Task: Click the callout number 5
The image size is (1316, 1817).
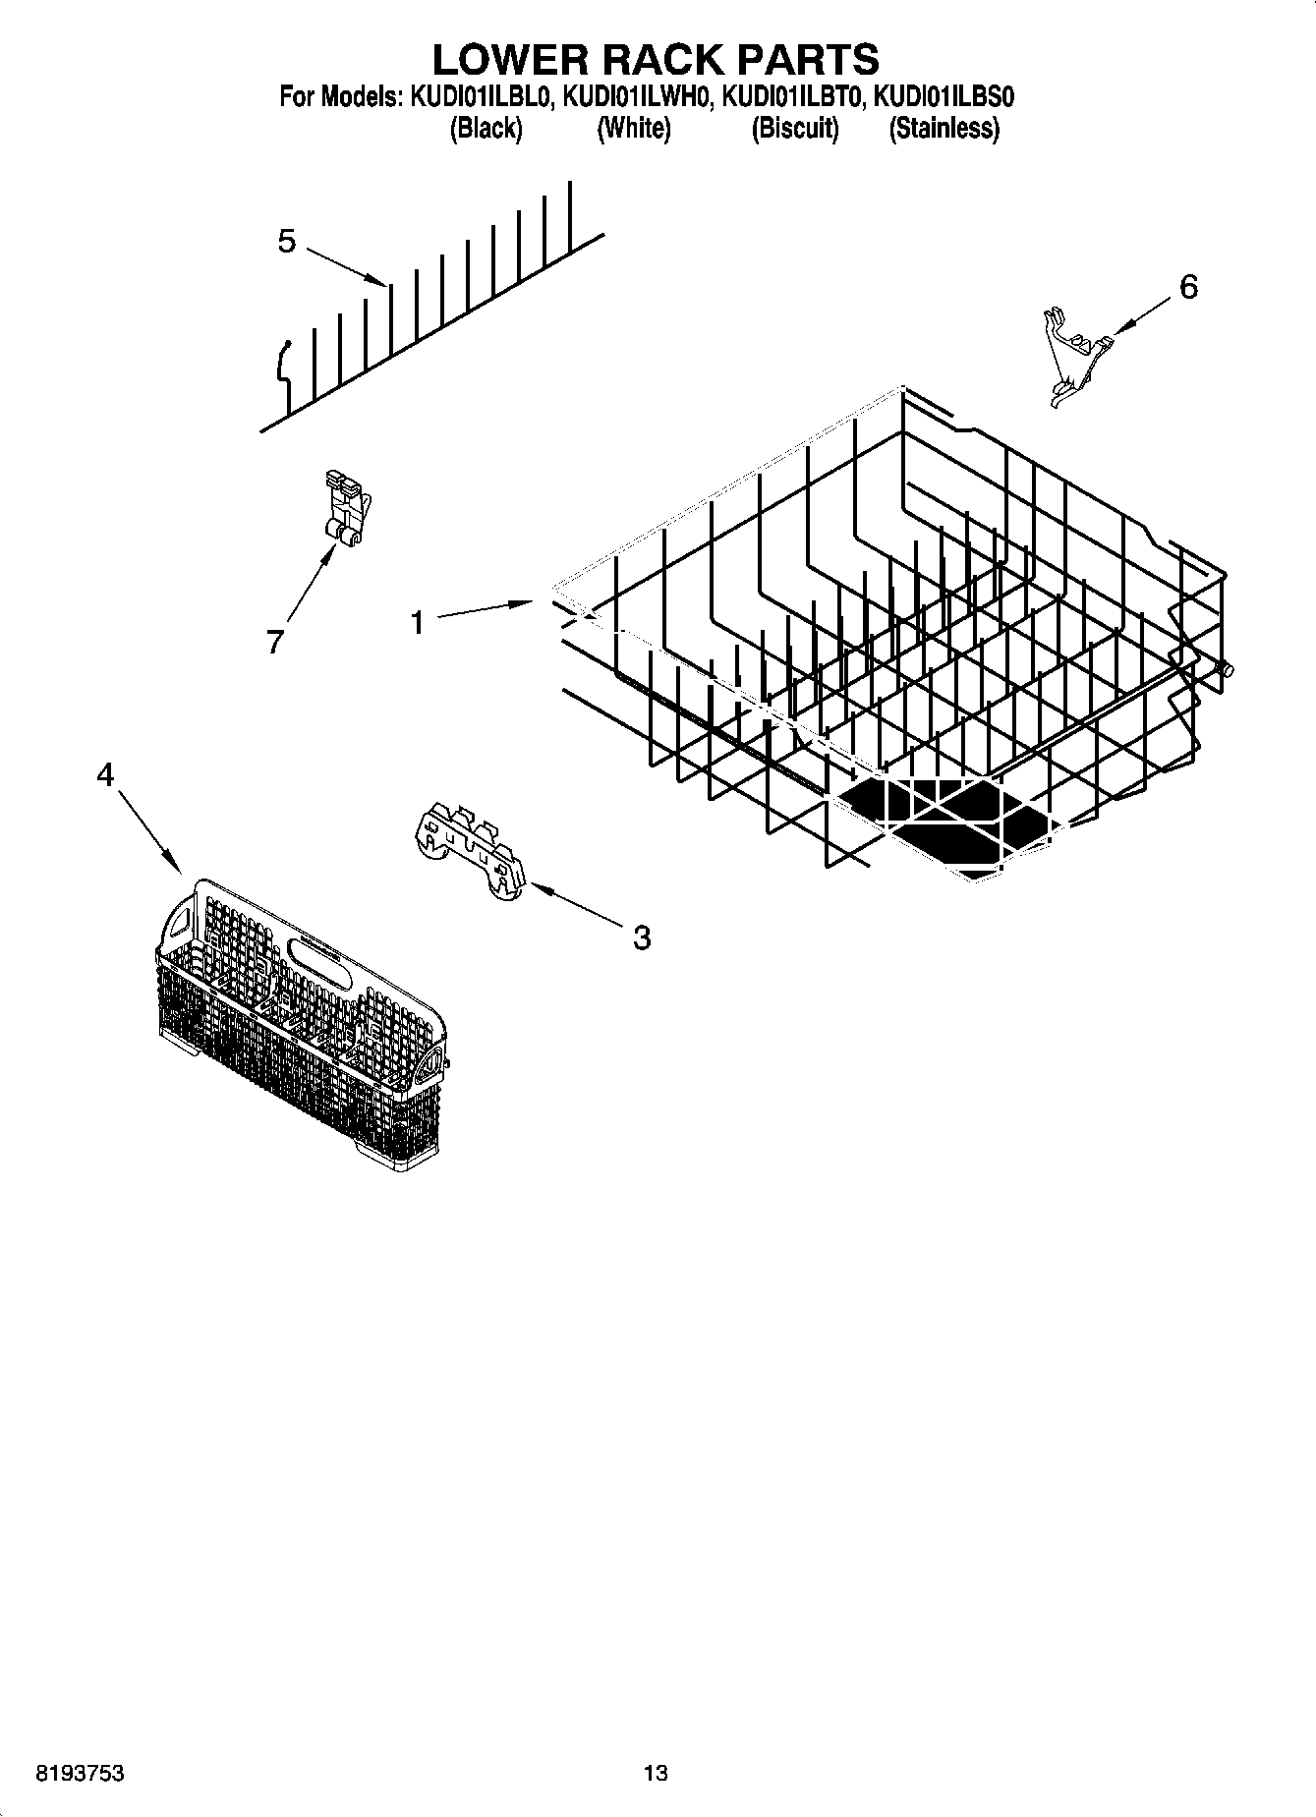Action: (x=286, y=241)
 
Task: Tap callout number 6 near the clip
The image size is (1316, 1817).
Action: (x=1188, y=287)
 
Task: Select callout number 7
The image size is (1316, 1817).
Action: (x=274, y=642)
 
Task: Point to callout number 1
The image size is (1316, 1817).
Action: (x=418, y=622)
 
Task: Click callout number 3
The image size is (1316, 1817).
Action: (x=641, y=937)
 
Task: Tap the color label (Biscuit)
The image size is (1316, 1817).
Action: (x=794, y=129)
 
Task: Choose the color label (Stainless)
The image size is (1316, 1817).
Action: (x=944, y=129)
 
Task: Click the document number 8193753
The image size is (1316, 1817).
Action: (x=79, y=1774)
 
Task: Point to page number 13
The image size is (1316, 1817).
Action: (x=656, y=1774)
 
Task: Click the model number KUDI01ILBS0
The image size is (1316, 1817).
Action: (x=944, y=97)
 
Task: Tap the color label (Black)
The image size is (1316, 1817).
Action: (x=486, y=129)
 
